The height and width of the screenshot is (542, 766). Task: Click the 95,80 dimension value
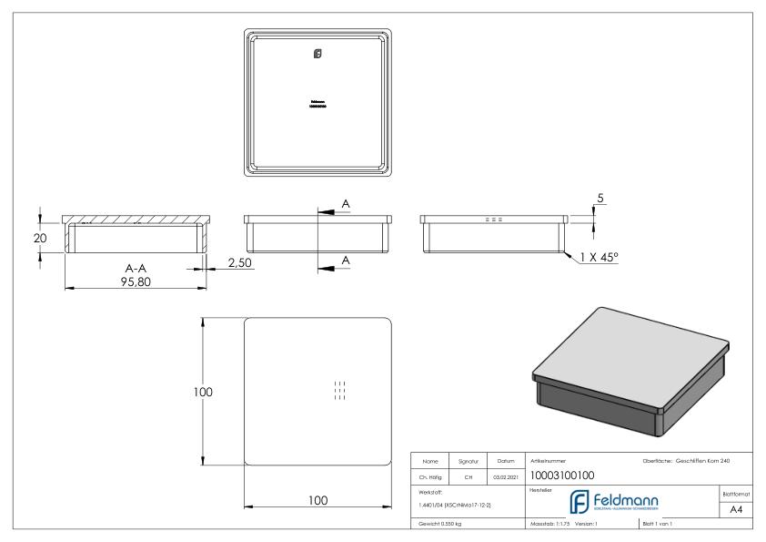click(x=135, y=281)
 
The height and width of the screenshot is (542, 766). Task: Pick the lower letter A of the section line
click(x=345, y=261)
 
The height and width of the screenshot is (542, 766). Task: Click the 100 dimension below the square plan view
click(x=317, y=500)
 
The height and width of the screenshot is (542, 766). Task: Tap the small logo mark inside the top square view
click(x=317, y=54)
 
